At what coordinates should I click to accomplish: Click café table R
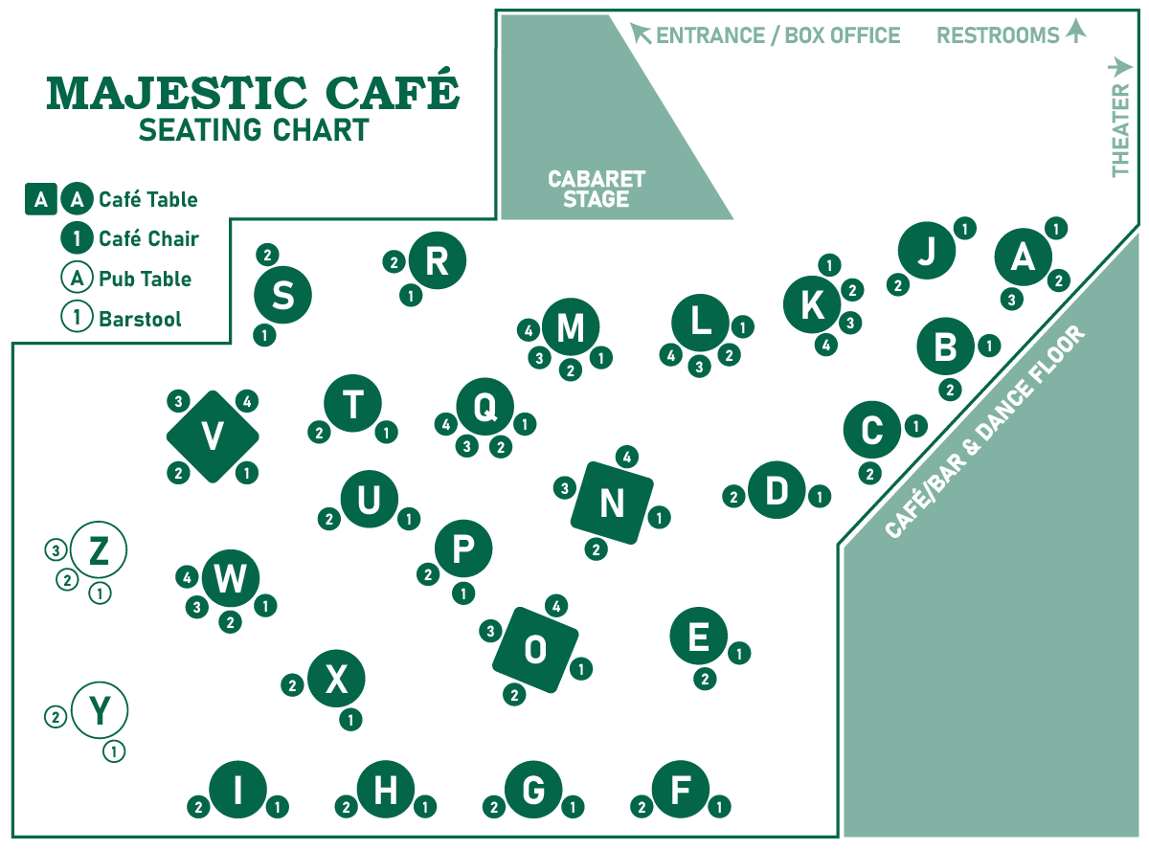tap(437, 260)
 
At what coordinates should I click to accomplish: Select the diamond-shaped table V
tap(213, 436)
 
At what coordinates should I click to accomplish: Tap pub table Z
tap(98, 550)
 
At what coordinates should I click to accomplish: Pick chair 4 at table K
tap(825, 346)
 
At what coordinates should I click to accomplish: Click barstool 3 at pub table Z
tap(56, 550)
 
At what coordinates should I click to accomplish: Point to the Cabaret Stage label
tap(596, 190)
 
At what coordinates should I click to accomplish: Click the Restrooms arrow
tap(1076, 33)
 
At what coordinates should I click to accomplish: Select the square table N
tap(612, 503)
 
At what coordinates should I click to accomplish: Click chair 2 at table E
tap(705, 680)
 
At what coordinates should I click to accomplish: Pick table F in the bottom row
tap(681, 791)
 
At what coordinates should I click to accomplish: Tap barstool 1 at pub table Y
tap(114, 751)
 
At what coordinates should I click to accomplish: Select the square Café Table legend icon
tap(40, 199)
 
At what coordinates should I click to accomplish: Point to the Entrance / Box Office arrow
tap(641, 34)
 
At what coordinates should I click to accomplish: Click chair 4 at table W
tap(188, 577)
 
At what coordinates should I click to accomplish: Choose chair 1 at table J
tap(965, 228)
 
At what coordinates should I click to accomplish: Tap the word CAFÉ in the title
tap(390, 93)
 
